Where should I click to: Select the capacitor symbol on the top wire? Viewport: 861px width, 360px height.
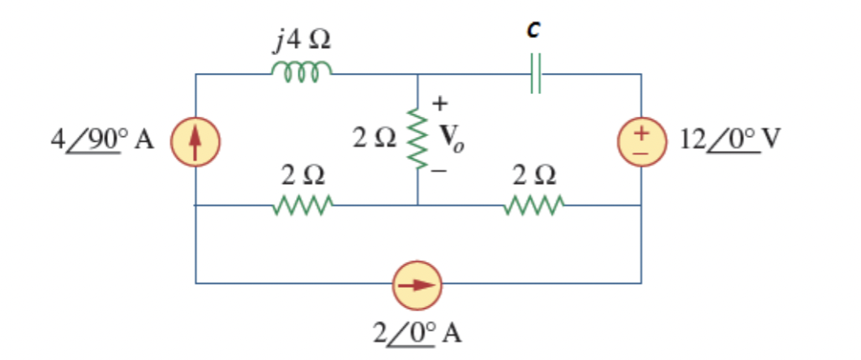pos(535,75)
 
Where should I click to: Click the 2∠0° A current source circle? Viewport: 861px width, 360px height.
pos(418,284)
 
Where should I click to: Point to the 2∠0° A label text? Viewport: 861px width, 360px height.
pos(418,332)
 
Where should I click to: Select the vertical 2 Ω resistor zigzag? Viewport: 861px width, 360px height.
pos(418,139)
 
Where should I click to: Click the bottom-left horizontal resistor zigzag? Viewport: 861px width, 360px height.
pos(302,206)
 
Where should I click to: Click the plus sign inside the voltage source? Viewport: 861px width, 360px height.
pos(641,131)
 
